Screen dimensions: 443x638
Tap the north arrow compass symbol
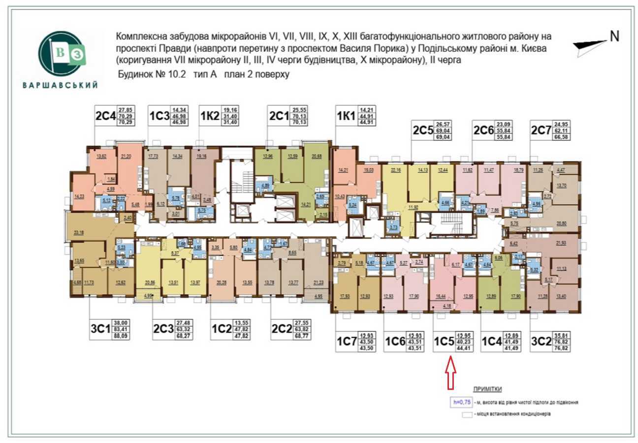click(x=590, y=46)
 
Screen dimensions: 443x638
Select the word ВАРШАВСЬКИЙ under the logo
click(x=60, y=85)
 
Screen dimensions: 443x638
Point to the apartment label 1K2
click(x=210, y=117)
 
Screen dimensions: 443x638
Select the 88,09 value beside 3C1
click(x=122, y=337)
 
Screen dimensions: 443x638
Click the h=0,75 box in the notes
click(x=460, y=402)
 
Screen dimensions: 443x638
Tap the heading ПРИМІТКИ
click(x=487, y=389)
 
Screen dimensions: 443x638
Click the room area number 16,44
click(x=441, y=297)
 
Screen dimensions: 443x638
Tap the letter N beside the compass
click(x=614, y=36)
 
